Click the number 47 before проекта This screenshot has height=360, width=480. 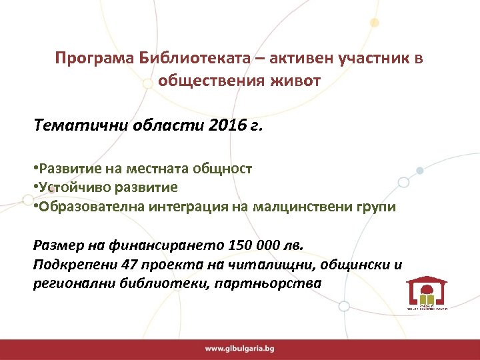(131, 264)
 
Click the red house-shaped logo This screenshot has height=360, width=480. (427, 292)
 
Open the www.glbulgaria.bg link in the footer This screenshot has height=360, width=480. (239, 349)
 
